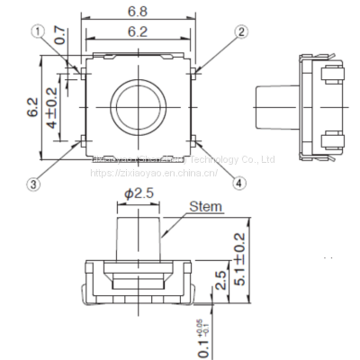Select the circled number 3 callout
[33, 185]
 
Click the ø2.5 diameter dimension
[139, 193]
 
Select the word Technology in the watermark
[224, 159]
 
